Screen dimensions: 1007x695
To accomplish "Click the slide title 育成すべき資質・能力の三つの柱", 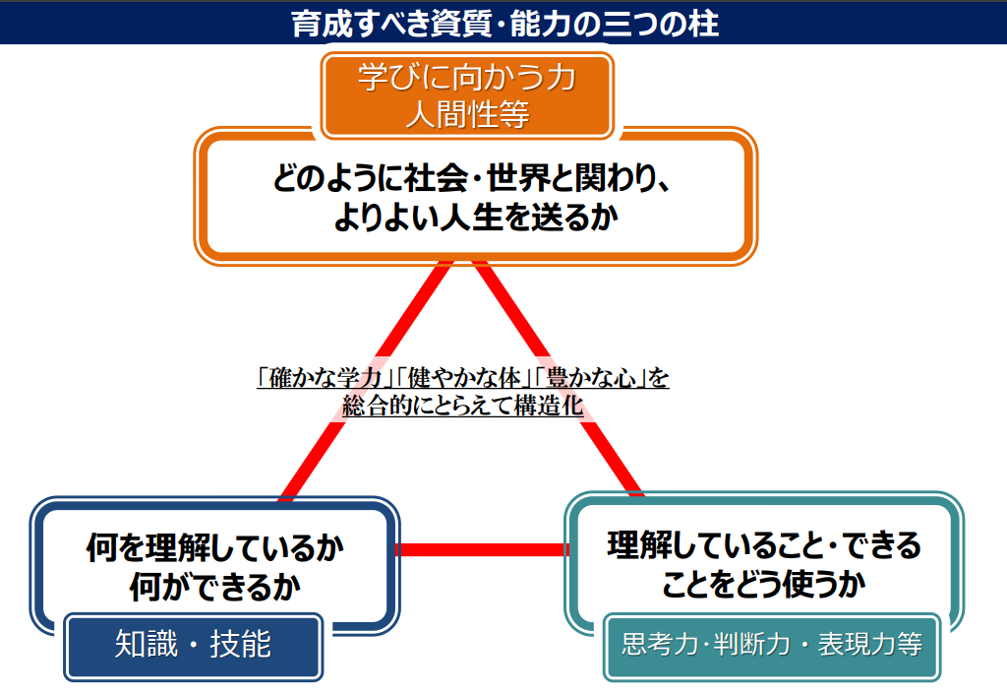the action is (x=504, y=24).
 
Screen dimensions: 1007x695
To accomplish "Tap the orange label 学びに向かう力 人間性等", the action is (x=467, y=95).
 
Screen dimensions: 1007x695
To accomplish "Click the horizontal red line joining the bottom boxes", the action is (x=482, y=549).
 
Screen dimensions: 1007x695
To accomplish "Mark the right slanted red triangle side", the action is (x=559, y=379).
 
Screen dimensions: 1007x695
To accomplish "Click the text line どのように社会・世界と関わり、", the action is (x=473, y=178).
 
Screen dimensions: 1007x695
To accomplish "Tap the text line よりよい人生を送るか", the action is (x=476, y=217).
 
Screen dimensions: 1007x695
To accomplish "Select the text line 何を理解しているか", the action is (x=215, y=547).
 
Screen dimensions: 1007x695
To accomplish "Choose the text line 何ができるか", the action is (x=215, y=587).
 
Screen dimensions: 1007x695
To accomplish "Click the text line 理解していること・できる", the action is (x=764, y=545).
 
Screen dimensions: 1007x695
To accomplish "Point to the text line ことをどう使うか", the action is (x=764, y=584).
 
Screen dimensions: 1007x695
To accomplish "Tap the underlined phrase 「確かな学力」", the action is (x=326, y=377).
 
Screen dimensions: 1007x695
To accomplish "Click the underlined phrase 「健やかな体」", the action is (x=464, y=377).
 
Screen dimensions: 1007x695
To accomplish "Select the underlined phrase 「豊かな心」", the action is (x=590, y=377).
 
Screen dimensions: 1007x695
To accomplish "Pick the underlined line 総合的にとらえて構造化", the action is (x=463, y=405).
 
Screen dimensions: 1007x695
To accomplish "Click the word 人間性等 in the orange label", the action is (x=467, y=115).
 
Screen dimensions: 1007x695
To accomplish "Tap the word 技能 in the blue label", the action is (x=241, y=644).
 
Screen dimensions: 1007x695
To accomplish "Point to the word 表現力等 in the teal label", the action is (x=870, y=644).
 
